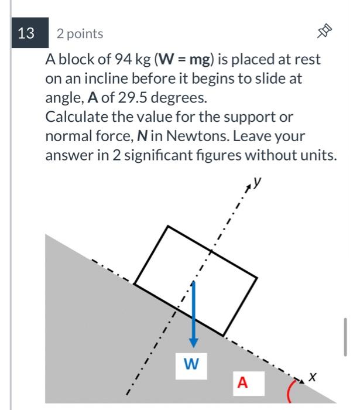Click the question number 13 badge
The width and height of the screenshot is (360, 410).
click(26, 33)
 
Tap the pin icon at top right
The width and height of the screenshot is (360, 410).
click(325, 34)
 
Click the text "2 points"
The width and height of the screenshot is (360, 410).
click(80, 34)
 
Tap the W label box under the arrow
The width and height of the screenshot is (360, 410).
click(191, 364)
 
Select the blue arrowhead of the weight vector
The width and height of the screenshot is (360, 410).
click(194, 343)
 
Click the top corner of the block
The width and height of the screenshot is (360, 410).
click(167, 226)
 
